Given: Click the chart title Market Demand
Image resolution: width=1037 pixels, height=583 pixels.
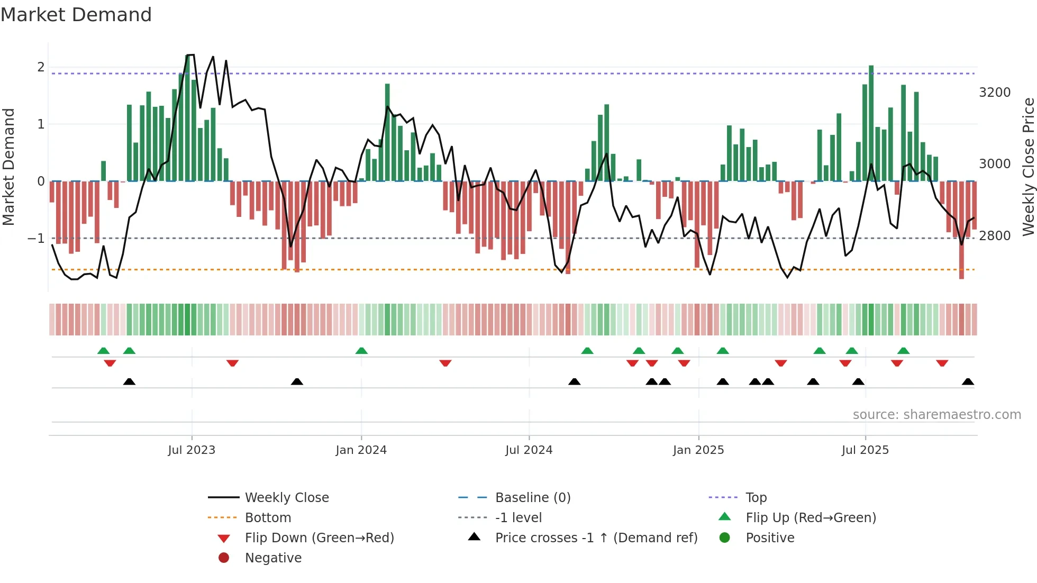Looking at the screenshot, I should coord(76,15).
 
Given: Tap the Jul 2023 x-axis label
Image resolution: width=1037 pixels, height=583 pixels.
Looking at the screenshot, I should coord(192,450).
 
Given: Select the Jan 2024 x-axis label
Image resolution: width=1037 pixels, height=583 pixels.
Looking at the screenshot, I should coord(361,450).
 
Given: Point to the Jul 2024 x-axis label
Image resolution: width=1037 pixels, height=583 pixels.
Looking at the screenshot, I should coord(529,450).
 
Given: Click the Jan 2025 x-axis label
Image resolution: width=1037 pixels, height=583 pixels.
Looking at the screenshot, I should coord(698,450).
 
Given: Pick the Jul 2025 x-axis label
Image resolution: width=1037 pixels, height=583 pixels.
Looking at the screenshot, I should coord(865,450).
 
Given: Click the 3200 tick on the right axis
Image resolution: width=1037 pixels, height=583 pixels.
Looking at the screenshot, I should coord(995,93).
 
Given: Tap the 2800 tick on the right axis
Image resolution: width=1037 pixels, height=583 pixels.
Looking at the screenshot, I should coord(995,236).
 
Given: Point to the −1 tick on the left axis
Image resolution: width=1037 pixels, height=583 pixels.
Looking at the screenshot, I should coord(36,239).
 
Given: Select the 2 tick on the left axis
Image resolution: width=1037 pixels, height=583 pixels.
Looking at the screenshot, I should coord(41,67).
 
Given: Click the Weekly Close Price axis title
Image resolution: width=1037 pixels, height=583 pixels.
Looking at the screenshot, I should coord(1028,167).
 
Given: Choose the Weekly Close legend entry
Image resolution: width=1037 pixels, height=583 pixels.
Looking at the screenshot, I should coord(286,498).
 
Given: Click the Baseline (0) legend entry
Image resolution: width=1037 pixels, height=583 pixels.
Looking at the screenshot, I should coord(532,498).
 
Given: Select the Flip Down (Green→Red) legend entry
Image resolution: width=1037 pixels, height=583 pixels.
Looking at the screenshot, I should coord(319,538).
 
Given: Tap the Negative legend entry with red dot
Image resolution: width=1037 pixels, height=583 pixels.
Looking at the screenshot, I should coord(273,558).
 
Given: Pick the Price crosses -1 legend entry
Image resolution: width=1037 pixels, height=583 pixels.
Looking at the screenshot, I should coord(596,538).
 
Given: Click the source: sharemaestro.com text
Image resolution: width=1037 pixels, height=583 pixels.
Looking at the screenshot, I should coord(936,415).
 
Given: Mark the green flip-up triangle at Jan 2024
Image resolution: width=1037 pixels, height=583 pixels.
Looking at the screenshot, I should coord(361,351).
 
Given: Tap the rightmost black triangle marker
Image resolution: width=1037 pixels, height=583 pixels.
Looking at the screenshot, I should coord(968,381).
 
